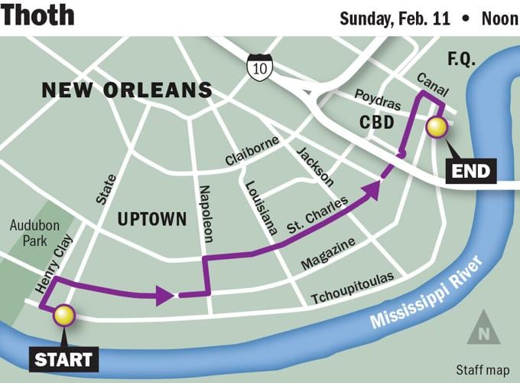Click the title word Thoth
pyautogui.click(x=38, y=15)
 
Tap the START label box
pyautogui.click(x=63, y=358)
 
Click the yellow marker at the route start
pyautogui.click(x=63, y=314)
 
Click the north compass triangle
pyautogui.click(x=483, y=329)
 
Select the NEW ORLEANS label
pyautogui.click(x=127, y=90)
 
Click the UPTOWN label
pyautogui.click(x=152, y=219)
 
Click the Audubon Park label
pyautogui.click(x=30, y=234)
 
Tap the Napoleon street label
pyautogui.click(x=205, y=213)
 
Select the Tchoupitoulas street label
pyautogui.click(x=353, y=288)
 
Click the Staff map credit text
pyautogui.click(x=479, y=369)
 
